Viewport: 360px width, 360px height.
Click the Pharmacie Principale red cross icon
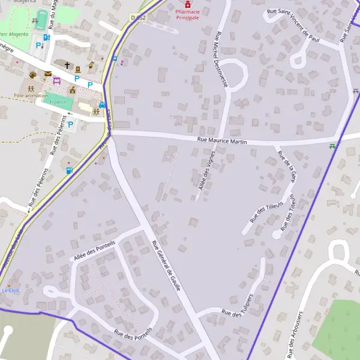[x=187, y=4]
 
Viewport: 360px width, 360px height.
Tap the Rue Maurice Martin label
[x=223, y=140]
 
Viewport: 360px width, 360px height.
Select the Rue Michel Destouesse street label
[x=220, y=60]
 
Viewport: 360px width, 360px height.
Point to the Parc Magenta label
[x=13, y=35]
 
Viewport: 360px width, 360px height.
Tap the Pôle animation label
[x=31, y=95]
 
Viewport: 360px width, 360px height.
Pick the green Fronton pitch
[x=58, y=101]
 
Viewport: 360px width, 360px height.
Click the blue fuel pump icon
[x=68, y=170]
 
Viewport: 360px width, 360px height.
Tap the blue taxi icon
[x=102, y=105]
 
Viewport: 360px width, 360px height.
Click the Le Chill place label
[x=10, y=290]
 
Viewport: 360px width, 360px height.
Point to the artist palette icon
[x=32, y=75]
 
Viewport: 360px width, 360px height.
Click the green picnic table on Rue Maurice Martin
[x=332, y=145]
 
